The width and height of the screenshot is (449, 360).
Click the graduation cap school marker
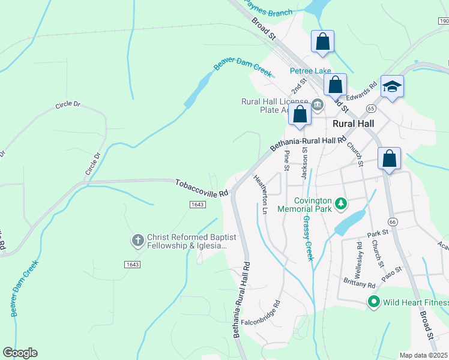click(x=392, y=87)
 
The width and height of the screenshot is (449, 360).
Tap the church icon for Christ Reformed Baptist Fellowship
click(x=137, y=241)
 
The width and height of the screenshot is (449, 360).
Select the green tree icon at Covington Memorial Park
click(x=341, y=205)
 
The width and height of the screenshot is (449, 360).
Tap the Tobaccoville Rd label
click(x=202, y=188)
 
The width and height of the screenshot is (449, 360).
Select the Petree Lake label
click(x=310, y=71)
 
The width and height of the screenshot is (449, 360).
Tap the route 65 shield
click(x=371, y=109)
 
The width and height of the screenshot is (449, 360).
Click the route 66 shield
click(x=393, y=222)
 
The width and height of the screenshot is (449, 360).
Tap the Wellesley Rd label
click(x=359, y=254)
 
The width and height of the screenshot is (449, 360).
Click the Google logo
click(x=20, y=353)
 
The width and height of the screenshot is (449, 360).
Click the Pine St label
click(x=287, y=160)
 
